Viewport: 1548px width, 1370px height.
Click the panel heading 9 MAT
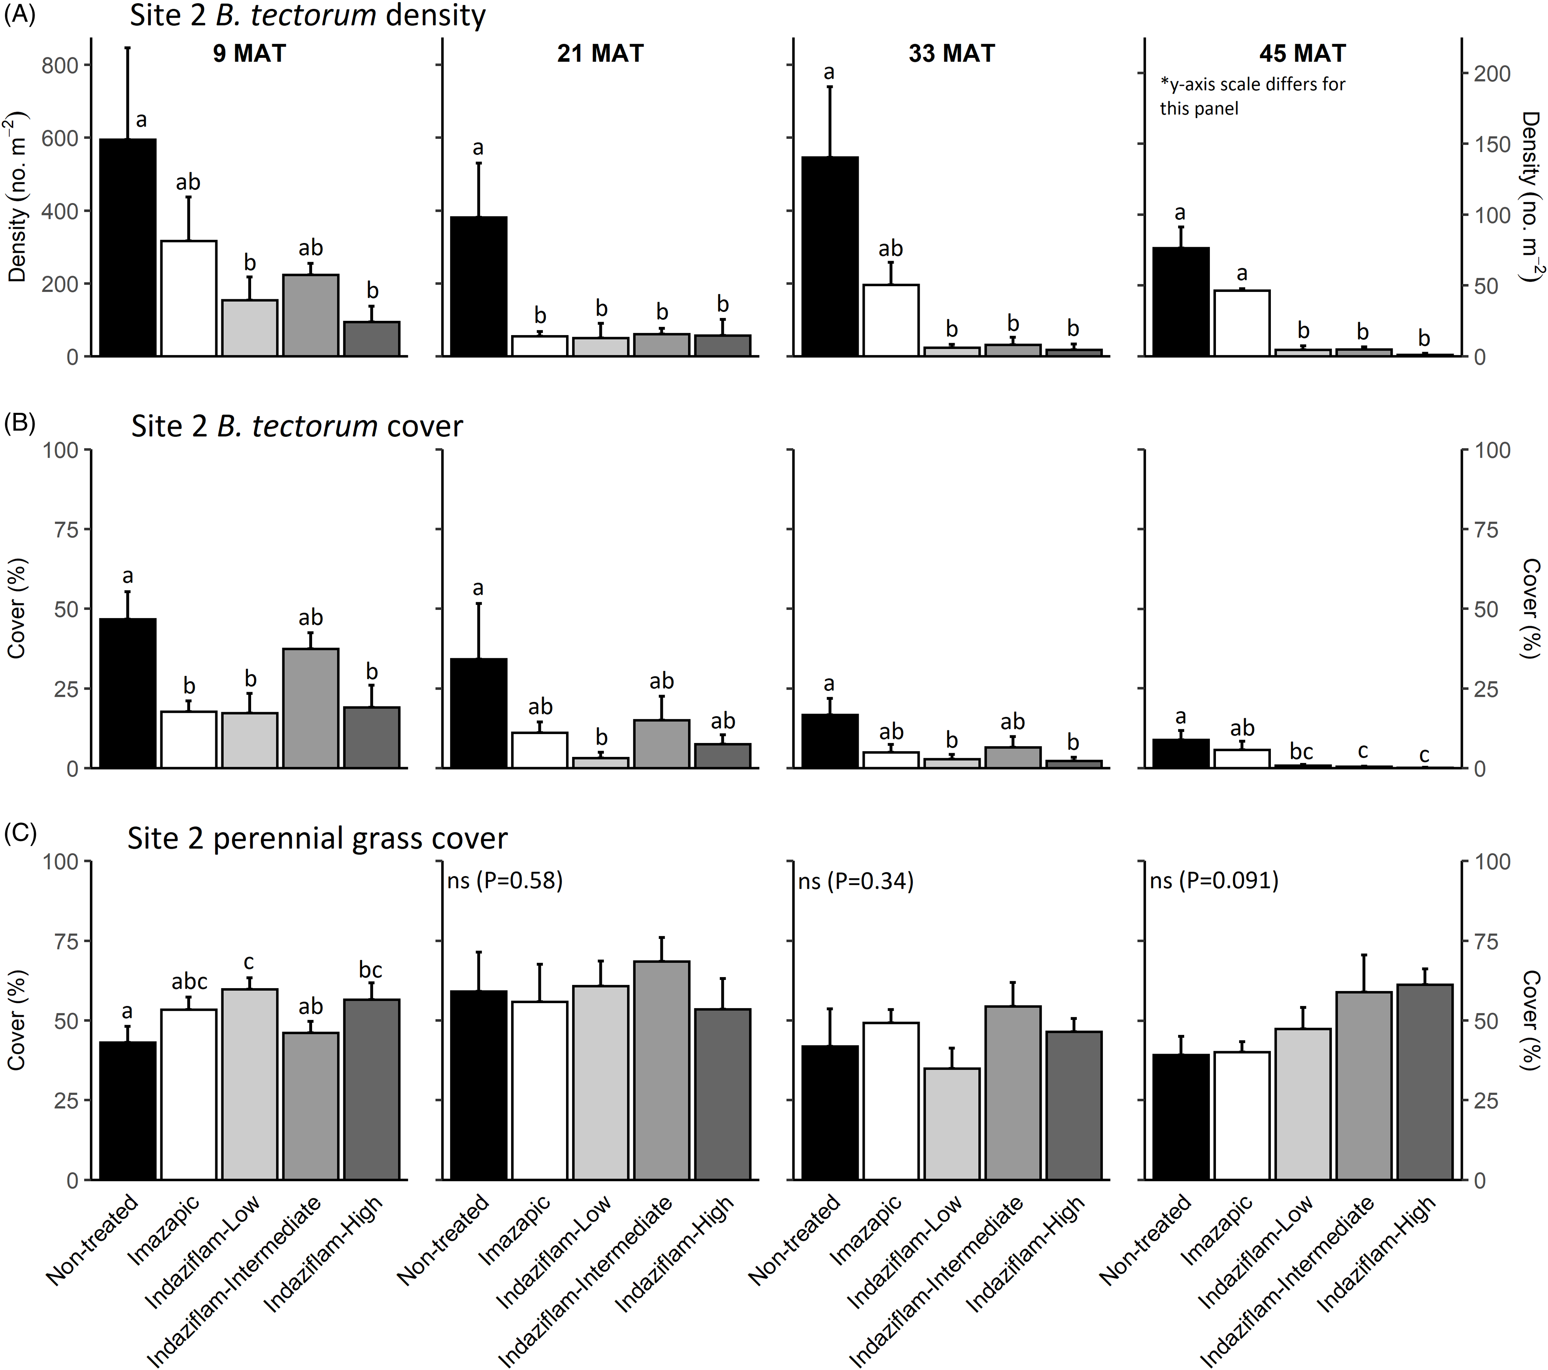tap(249, 54)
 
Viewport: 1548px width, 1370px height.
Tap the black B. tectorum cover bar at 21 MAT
tap(479, 713)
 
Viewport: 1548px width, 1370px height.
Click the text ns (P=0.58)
tap(505, 881)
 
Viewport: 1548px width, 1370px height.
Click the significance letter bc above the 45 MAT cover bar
tap(1301, 752)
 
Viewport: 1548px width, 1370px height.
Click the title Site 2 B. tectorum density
tap(308, 15)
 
